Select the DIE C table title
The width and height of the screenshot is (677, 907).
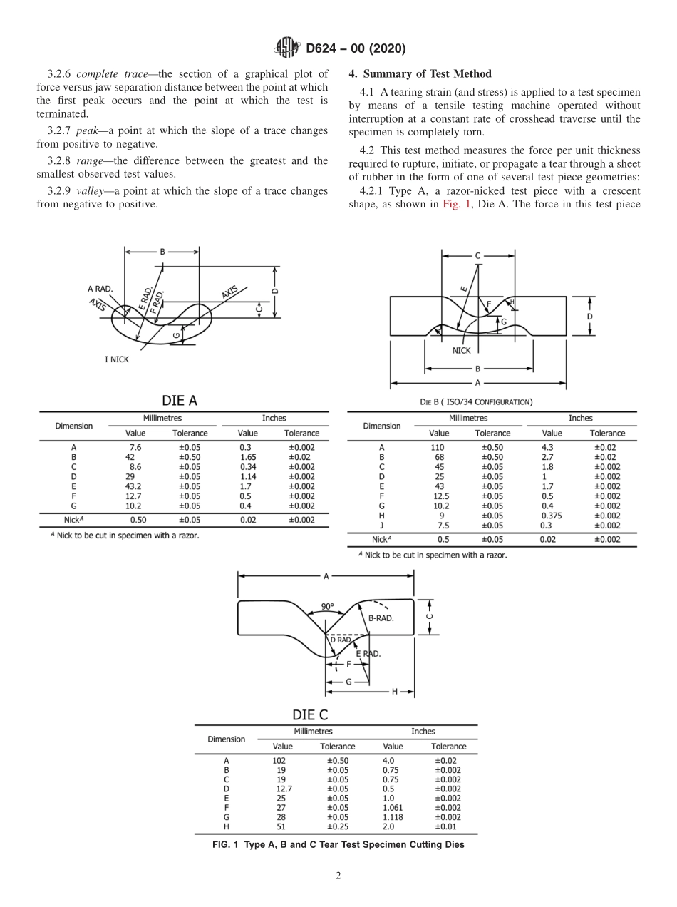pos(310,714)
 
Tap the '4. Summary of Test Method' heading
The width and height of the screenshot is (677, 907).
pos(420,74)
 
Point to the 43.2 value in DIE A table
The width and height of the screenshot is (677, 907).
pos(135,486)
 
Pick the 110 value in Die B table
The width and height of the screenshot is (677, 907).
pos(438,448)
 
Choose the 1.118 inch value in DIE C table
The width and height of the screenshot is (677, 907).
pos(393,817)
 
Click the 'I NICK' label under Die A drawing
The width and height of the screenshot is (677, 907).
pos(117,359)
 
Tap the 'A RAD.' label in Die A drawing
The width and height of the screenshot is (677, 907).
pos(100,289)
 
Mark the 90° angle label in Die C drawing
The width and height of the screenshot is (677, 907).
pos(327,607)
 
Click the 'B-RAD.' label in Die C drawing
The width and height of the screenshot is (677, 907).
pos(381,618)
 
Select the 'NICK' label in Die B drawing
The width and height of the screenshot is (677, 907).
pos(461,350)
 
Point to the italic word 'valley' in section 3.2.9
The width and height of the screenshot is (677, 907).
pos(91,190)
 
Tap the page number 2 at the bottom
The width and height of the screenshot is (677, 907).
pos(338,876)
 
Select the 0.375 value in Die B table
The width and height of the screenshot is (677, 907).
pos(552,516)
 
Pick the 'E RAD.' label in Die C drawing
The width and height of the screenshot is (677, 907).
pos(368,653)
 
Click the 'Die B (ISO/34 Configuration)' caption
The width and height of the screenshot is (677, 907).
pos(476,402)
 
